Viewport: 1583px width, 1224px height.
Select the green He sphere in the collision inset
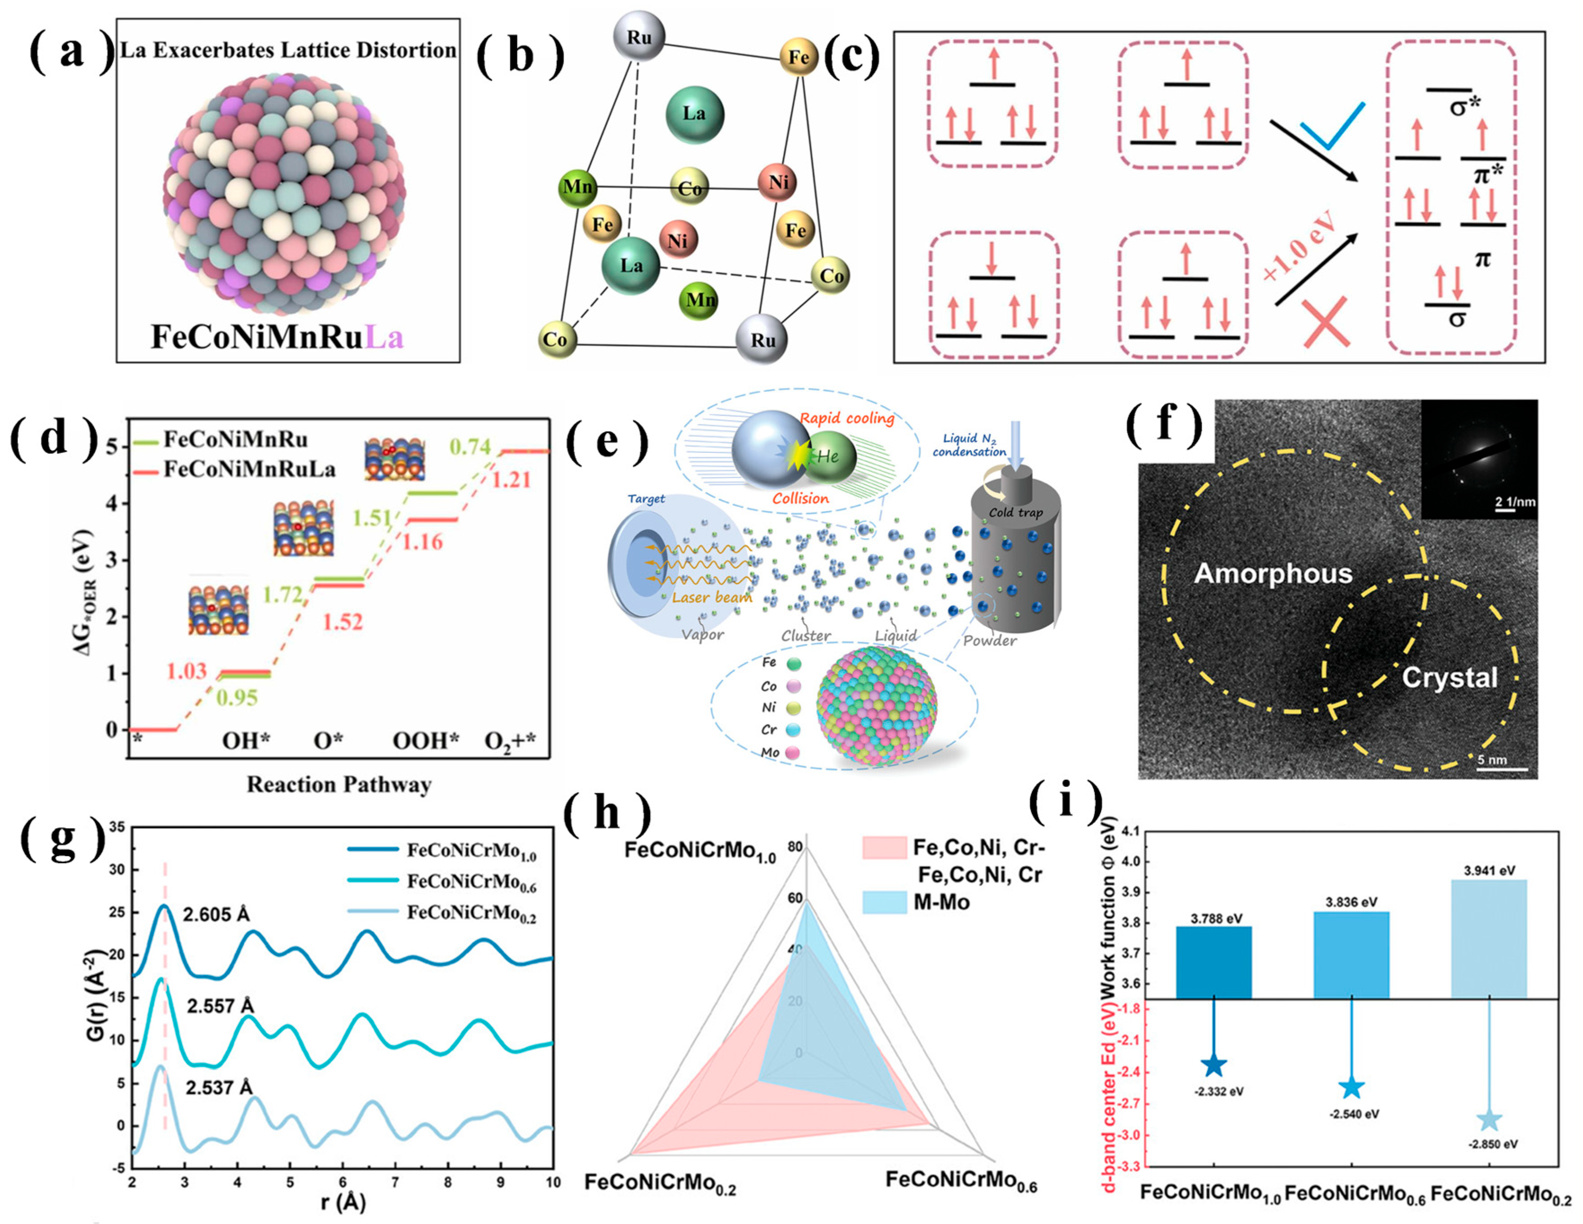tap(829, 456)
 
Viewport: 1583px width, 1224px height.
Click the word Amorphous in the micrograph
tap(1273, 574)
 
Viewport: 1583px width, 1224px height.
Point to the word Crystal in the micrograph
tap(1449, 677)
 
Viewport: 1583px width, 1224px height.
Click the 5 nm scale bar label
tap(1492, 760)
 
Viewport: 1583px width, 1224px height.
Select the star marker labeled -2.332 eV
tap(1214, 1065)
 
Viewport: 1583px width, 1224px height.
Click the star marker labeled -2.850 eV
tap(1489, 1120)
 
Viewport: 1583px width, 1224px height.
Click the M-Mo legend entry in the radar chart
tap(941, 902)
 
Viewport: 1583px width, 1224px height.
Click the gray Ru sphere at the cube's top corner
tap(639, 36)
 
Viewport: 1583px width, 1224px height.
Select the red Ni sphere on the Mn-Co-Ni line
tap(778, 182)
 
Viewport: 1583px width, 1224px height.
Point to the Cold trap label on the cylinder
tap(1015, 513)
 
